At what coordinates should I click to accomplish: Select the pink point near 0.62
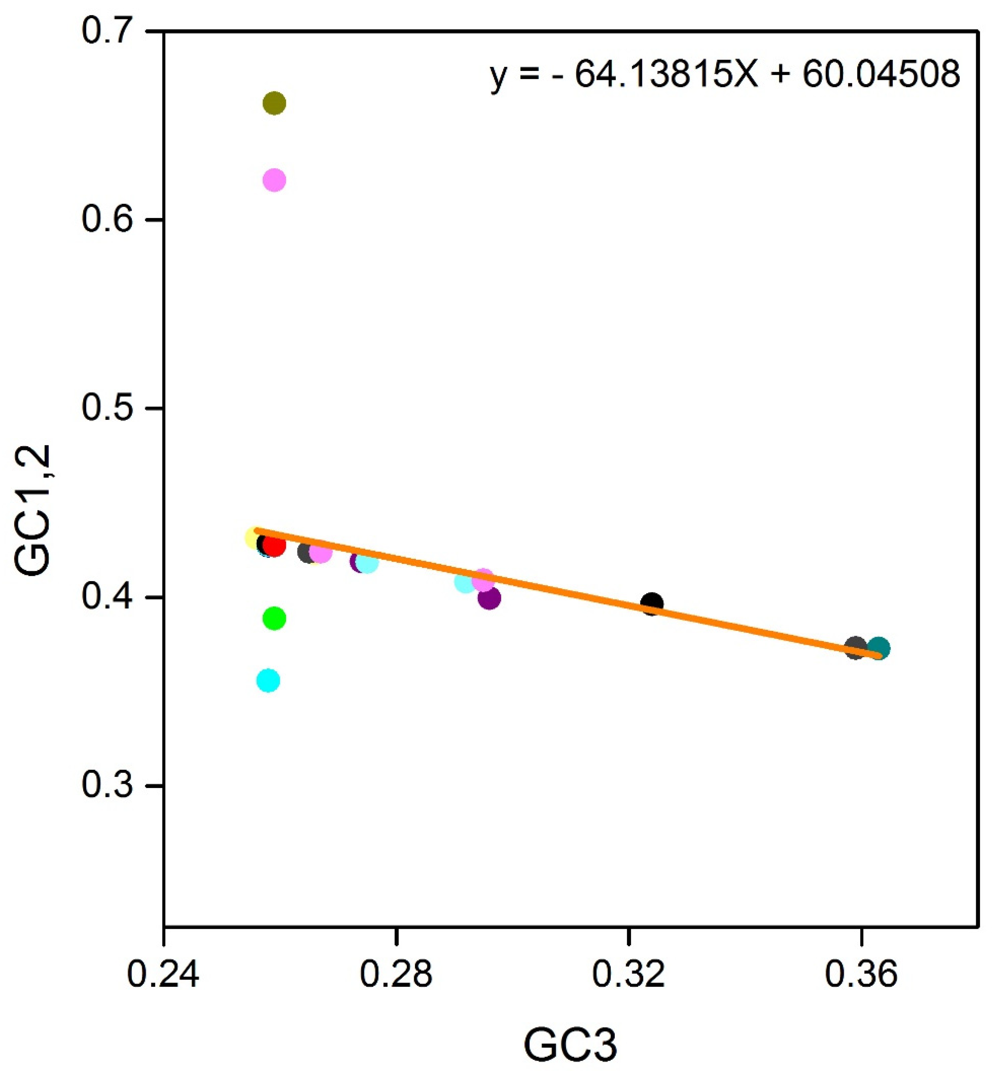(274, 180)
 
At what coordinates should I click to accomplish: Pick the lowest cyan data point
(268, 681)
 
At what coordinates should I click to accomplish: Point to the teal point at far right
(878, 648)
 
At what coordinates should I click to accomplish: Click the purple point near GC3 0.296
(489, 598)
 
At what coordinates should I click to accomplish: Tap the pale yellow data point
(254, 538)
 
